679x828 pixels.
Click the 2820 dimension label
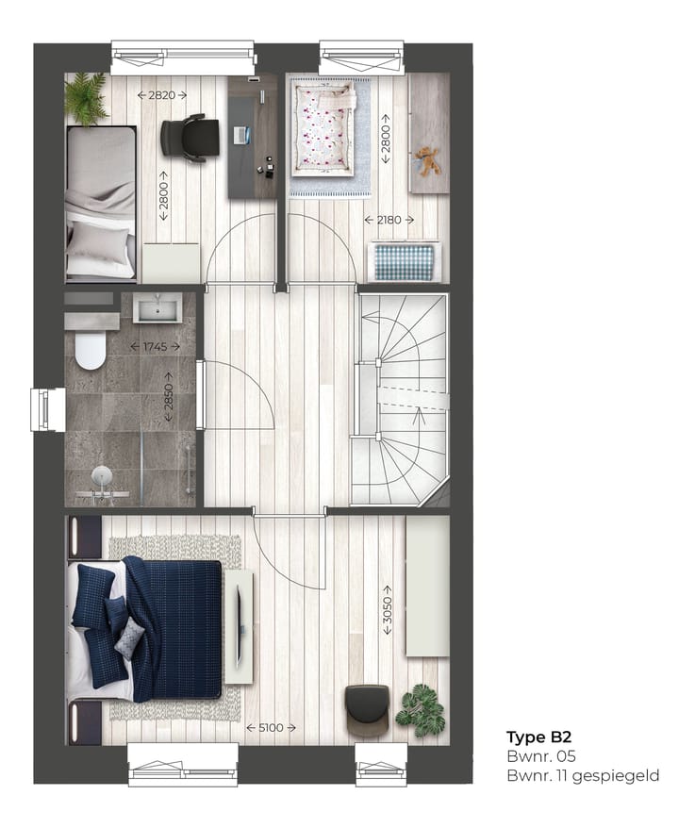pos(161,94)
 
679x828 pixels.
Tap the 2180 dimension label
pos(389,220)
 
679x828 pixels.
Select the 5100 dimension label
pos(271,727)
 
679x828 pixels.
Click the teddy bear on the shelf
pos(430,161)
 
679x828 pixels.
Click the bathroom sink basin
pos(157,307)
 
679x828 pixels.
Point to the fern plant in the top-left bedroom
pos(87,99)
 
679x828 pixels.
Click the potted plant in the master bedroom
pos(421,710)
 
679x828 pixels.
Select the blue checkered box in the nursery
pos(404,261)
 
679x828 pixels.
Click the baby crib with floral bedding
pos(323,129)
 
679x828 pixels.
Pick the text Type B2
pos(538,737)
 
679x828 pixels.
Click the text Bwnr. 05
pos(540,756)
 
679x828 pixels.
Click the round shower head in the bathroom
pos(101,476)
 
